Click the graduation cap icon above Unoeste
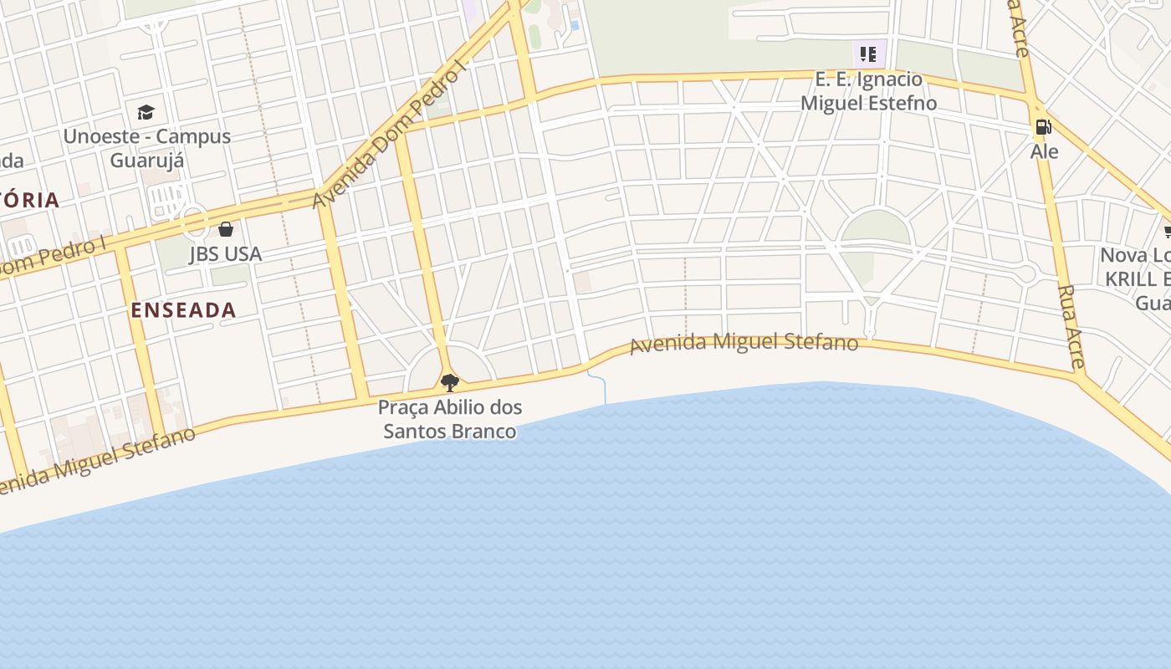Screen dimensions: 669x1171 point(146,112)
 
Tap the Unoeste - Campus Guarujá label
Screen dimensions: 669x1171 point(146,147)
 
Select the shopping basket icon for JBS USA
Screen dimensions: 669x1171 point(226,229)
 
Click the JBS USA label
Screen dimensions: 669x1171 point(225,253)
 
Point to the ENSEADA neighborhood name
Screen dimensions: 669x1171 point(183,310)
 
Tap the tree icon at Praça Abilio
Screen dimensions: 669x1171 point(450,383)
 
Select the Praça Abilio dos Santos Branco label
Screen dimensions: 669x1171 point(450,419)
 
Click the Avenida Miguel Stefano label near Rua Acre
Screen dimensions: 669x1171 point(744,343)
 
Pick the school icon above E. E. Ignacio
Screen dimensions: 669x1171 point(868,55)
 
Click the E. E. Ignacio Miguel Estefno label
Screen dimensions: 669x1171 point(869,91)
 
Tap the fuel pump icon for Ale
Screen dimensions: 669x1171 point(1043,127)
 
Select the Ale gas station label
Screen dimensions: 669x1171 point(1044,151)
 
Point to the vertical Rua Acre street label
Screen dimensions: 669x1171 point(1071,326)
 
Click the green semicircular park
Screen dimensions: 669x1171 point(875,227)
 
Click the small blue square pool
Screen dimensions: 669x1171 point(575,26)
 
